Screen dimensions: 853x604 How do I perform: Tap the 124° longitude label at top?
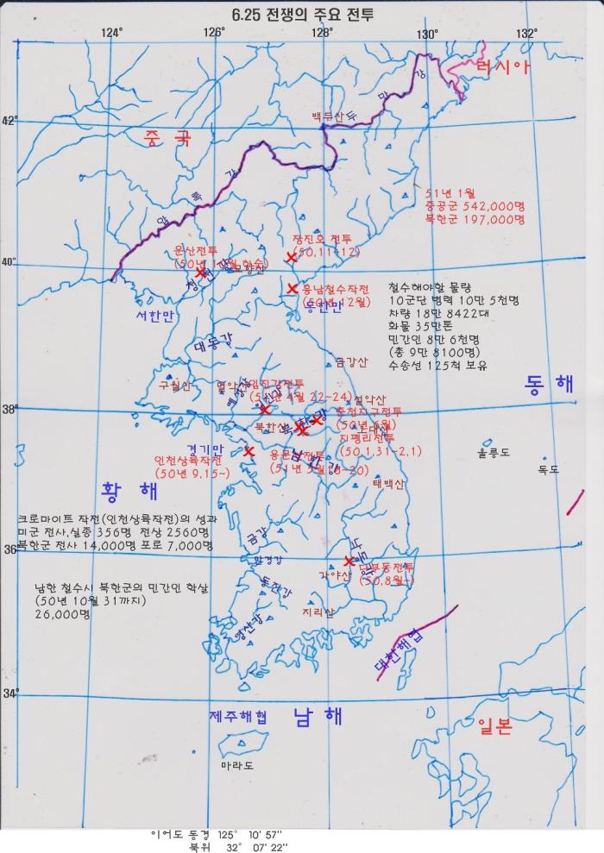click(111, 33)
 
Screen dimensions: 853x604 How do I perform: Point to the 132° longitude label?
click(526, 33)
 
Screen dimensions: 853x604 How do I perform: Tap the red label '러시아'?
click(501, 67)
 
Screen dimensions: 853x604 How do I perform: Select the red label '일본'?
click(493, 726)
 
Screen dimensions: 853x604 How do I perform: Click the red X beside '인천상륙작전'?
click(249, 450)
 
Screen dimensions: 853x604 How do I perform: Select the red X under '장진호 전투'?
click(291, 255)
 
